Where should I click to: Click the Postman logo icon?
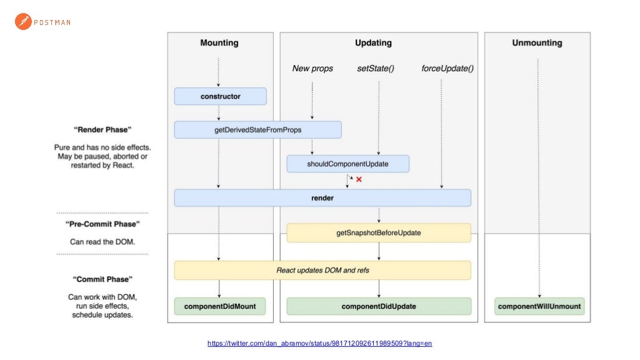click(x=23, y=22)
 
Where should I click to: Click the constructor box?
click(x=220, y=96)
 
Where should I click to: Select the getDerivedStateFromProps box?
click(x=257, y=130)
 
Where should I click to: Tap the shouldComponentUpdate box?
click(x=347, y=164)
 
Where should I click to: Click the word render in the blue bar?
click(x=322, y=198)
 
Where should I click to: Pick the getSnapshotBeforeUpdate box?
click(x=378, y=232)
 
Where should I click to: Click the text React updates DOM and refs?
click(x=322, y=271)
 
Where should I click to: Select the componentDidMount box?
click(x=219, y=306)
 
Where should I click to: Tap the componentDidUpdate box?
click(x=378, y=306)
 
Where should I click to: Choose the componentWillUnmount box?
click(x=539, y=306)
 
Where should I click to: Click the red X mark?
click(x=359, y=179)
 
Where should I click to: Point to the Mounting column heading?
click(x=219, y=43)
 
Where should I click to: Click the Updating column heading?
click(x=373, y=43)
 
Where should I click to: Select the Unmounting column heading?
click(x=537, y=43)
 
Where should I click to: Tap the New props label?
click(x=312, y=68)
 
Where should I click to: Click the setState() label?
click(x=376, y=68)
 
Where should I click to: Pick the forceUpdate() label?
click(x=447, y=68)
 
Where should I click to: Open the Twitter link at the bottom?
click(x=319, y=343)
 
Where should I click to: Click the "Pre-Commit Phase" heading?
click(x=102, y=224)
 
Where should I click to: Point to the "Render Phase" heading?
click(x=102, y=130)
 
